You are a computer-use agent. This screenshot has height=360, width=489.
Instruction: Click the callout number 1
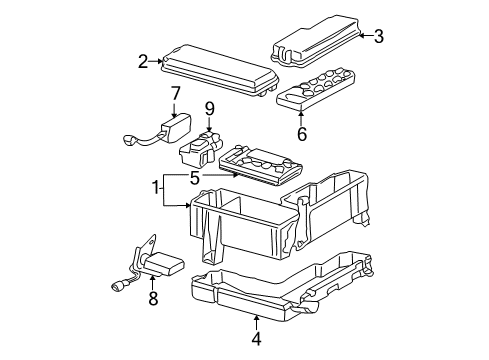(x=156, y=186)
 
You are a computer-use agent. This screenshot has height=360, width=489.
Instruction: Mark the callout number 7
(x=175, y=93)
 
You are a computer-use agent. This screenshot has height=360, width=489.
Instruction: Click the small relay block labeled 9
(x=204, y=151)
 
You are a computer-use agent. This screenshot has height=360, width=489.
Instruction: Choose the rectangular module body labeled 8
(x=162, y=264)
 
